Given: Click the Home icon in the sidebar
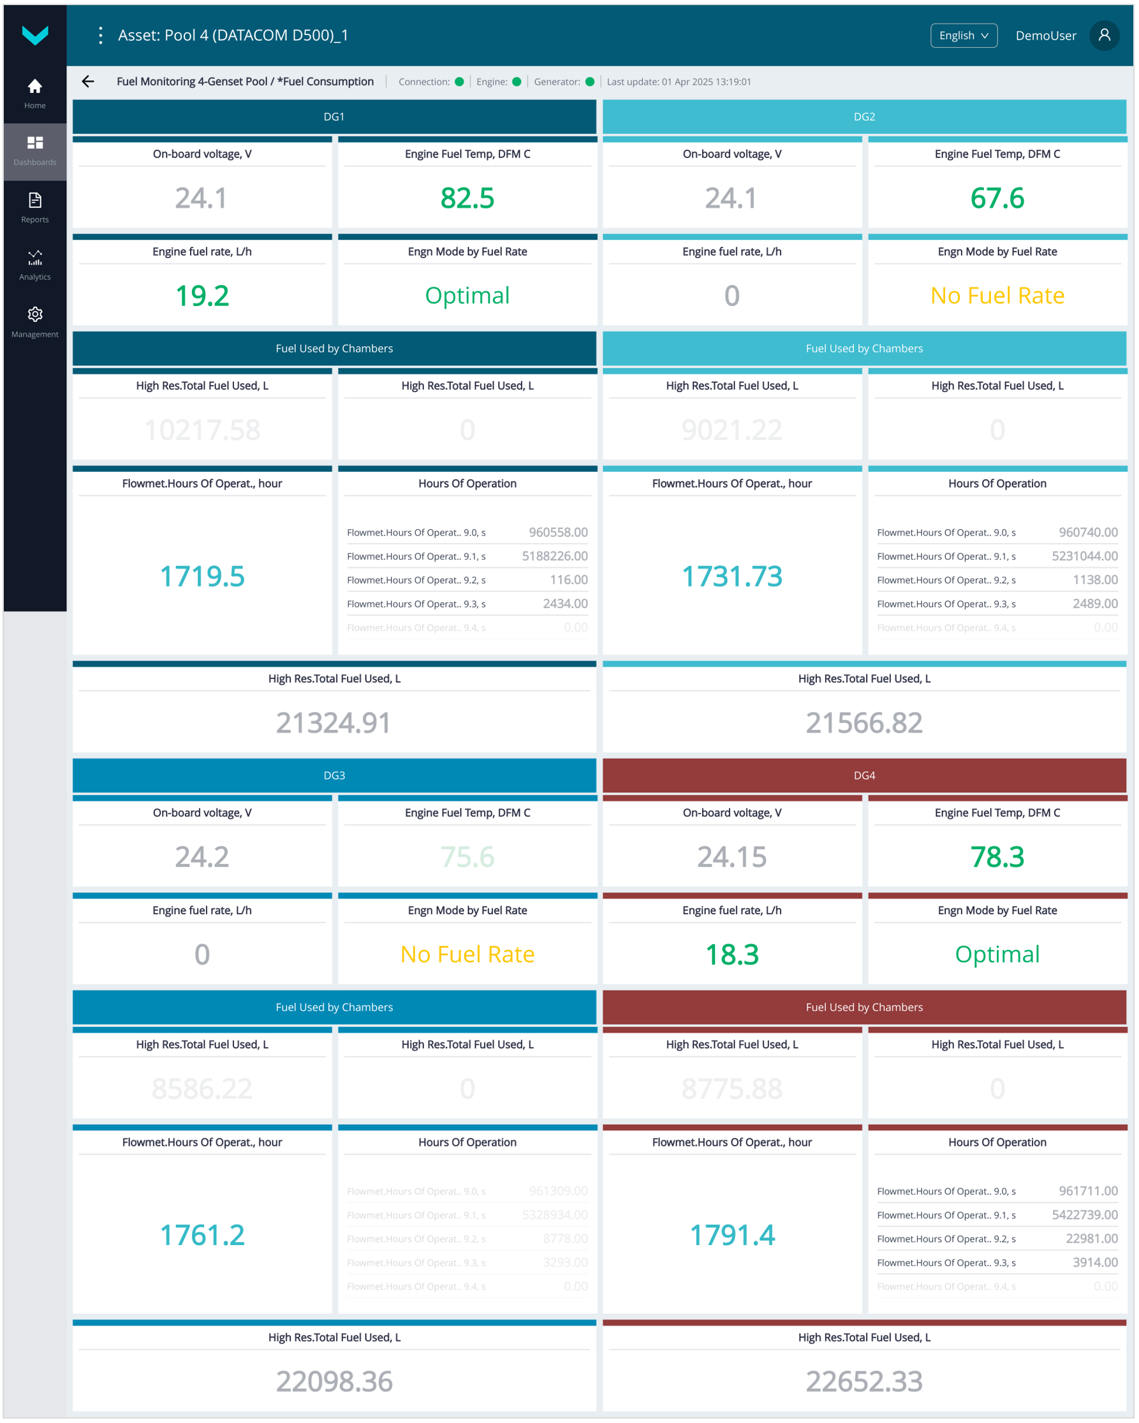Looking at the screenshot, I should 35,87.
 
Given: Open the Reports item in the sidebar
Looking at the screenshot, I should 35,201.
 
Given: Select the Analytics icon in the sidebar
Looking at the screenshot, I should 35,258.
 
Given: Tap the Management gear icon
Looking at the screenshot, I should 35,315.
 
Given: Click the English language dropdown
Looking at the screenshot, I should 964,36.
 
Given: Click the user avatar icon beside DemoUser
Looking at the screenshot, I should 1104,36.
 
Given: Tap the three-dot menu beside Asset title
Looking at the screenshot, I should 100,36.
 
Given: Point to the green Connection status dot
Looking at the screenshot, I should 460,82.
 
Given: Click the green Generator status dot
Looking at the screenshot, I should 591,82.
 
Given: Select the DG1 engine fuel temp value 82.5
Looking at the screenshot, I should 467,198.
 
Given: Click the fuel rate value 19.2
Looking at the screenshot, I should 202,296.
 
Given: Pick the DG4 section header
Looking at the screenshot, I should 863,775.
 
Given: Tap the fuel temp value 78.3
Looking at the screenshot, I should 997,857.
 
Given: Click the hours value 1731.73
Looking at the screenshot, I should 731,576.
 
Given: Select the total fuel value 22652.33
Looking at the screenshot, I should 863,1381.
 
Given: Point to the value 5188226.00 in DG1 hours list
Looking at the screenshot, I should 555,557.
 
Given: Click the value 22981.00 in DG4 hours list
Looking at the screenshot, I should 1091,1239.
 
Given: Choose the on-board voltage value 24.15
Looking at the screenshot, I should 731,857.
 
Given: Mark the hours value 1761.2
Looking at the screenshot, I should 202,1235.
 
